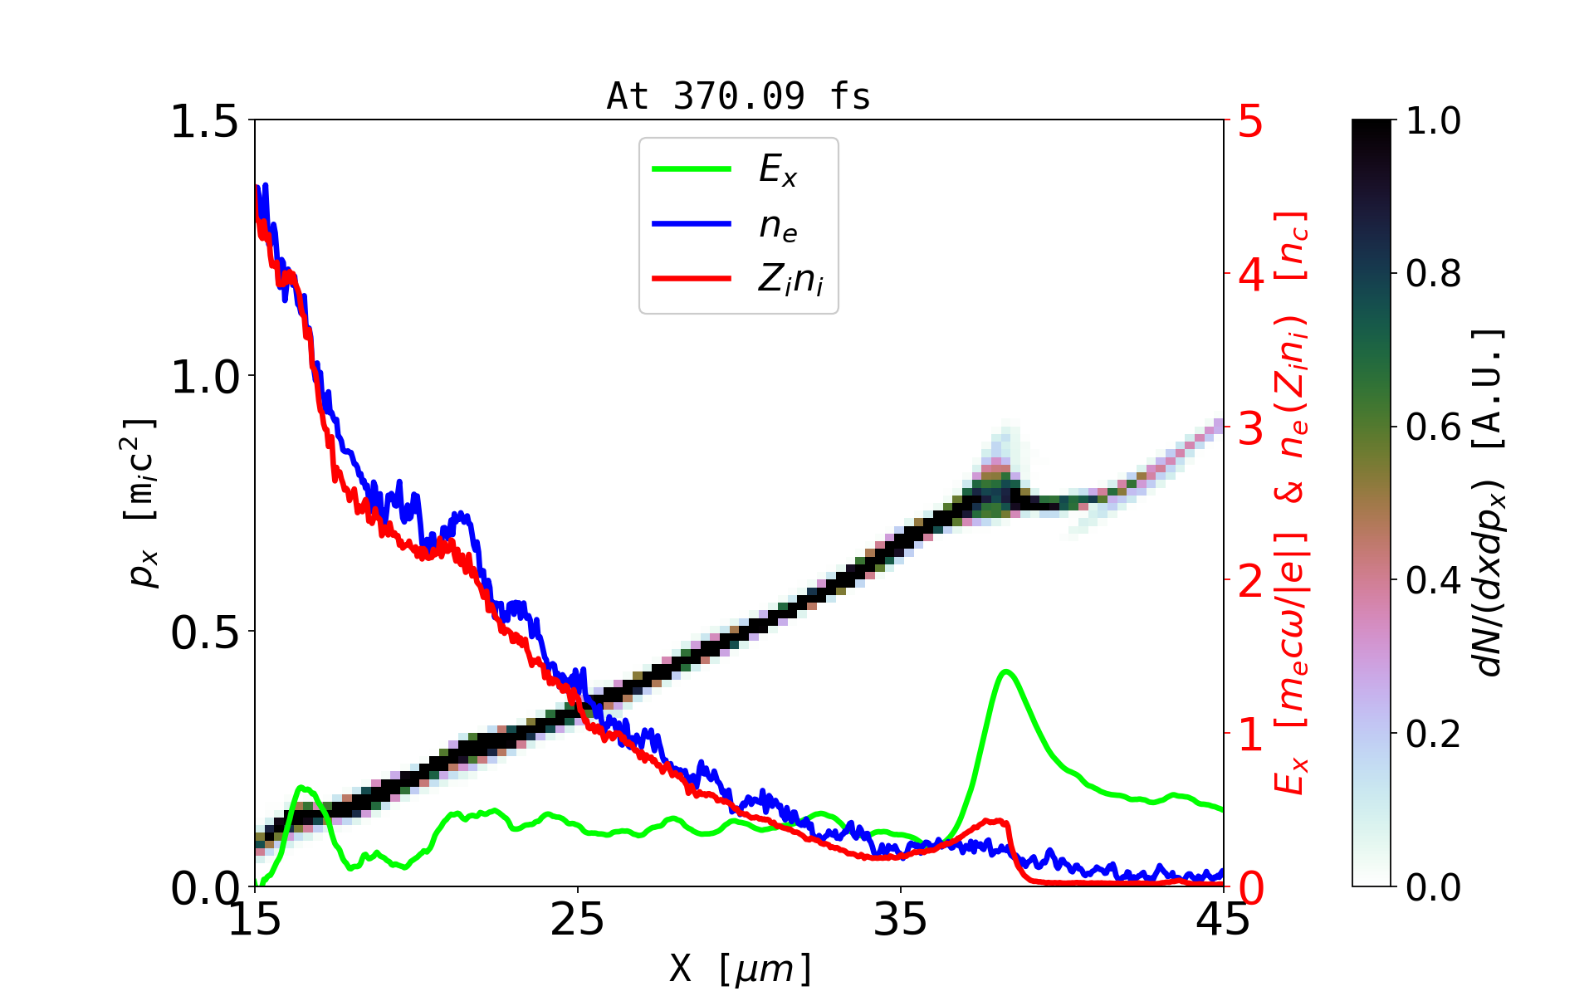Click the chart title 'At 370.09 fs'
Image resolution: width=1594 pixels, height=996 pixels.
click(738, 97)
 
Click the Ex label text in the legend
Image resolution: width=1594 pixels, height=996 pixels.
click(778, 170)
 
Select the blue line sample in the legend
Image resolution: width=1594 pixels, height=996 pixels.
click(692, 224)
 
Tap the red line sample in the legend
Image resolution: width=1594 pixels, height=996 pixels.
click(692, 279)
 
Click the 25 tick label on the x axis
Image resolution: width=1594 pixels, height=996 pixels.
click(577, 920)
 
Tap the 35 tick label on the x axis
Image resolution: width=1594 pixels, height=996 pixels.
click(901, 920)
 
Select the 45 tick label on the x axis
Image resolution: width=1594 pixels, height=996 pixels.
click(1223, 920)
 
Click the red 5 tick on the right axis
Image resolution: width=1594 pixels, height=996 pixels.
click(1251, 122)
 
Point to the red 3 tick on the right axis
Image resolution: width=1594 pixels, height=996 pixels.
click(1251, 428)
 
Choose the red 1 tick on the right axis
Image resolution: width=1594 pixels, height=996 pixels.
click(1251, 735)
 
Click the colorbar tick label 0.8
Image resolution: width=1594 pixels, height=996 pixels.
click(1434, 274)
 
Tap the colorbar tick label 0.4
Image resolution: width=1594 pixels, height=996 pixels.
click(1434, 581)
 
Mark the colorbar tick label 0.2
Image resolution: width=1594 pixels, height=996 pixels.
click(1434, 735)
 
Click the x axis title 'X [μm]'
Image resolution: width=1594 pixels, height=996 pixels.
click(741, 968)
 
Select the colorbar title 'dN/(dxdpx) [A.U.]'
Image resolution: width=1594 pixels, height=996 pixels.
click(1491, 503)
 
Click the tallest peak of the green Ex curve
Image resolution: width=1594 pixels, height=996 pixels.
click(1006, 671)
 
